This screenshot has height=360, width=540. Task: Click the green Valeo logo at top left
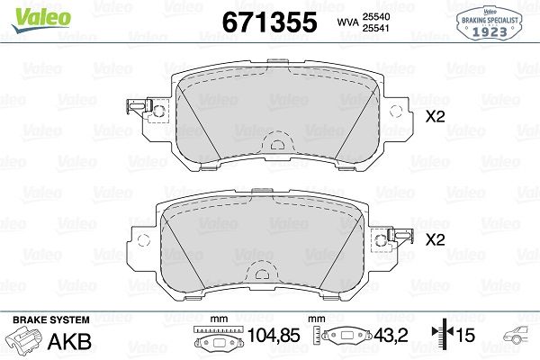pos(41,19)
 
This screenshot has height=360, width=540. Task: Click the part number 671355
pos(270,22)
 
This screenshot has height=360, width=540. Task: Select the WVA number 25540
pos(375,16)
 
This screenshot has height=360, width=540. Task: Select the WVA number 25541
pos(375,28)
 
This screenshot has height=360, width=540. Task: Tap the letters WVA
pos(347,22)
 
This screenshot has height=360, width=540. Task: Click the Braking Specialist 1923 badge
pos(490,23)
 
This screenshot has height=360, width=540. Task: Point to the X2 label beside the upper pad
pos(436,117)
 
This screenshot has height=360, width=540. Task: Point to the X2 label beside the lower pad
pos(436,239)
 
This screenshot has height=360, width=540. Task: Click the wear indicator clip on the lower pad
pos(400,237)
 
